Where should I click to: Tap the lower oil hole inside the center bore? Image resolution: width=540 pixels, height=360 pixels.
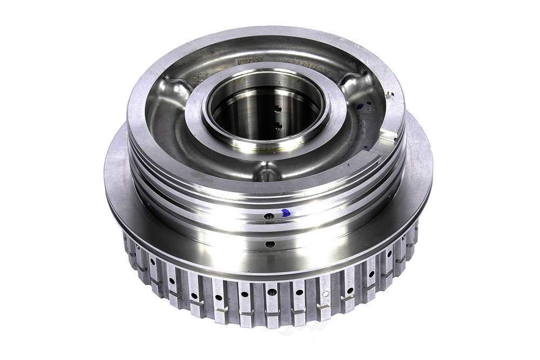point(278,125)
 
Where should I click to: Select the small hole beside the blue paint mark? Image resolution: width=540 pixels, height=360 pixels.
point(268,216)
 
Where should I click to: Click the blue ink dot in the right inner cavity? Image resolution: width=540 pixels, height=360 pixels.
point(360,106)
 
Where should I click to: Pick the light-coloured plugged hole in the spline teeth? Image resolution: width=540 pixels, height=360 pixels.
point(325,294)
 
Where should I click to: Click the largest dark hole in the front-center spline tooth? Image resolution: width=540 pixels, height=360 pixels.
point(272,292)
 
